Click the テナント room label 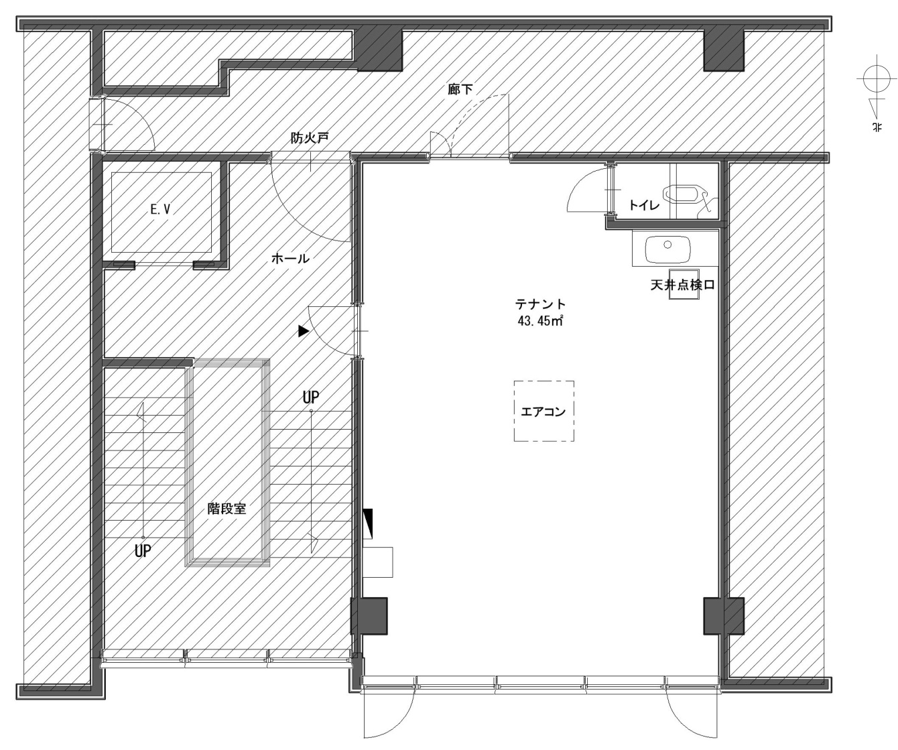540,304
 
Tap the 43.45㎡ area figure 540,321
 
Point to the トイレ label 644,205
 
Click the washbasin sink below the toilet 667,249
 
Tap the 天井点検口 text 682,285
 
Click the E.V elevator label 160,210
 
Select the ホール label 290,259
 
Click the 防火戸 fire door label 310,138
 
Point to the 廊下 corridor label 460,89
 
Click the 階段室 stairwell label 227,509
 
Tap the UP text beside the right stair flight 310,397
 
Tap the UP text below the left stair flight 143,551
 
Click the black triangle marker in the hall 304,330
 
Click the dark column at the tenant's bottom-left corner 370,616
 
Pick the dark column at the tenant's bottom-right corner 723,616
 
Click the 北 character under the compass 876,127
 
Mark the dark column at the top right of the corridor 723,50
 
